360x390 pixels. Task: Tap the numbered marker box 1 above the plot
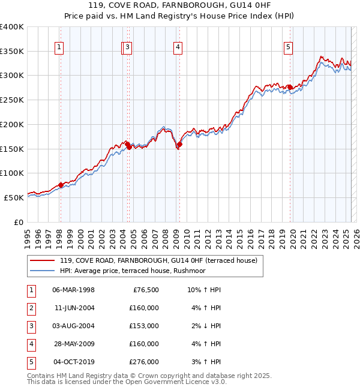click(59, 48)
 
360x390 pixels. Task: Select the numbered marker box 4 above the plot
click(178, 48)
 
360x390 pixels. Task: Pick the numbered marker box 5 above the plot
click(289, 48)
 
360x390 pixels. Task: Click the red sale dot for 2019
click(290, 88)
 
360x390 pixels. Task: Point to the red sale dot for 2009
click(179, 144)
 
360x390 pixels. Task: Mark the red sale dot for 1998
click(61, 185)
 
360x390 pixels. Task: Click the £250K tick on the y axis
click(11, 100)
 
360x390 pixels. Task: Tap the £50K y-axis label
click(14, 197)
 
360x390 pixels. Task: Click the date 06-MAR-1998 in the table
click(73, 290)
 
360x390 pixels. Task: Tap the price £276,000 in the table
click(145, 362)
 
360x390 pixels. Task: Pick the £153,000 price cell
click(145, 326)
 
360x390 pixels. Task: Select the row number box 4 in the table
click(31, 344)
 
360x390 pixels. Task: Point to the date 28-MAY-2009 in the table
click(73, 344)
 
